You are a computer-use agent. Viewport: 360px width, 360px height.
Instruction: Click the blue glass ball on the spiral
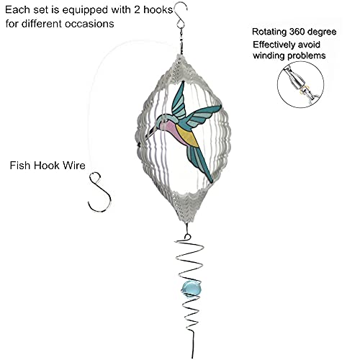point(191,289)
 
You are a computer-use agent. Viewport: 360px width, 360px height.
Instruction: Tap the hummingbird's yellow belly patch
point(187,136)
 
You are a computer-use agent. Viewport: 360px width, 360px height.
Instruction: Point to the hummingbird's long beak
point(152,132)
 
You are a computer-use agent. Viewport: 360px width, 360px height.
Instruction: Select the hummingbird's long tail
point(200,163)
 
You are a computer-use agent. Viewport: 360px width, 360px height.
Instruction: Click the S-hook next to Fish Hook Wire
point(99,192)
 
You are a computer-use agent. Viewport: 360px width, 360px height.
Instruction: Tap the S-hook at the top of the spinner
point(181,14)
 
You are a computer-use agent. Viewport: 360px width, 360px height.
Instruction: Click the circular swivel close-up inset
point(300,84)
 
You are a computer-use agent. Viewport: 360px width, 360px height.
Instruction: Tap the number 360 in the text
point(297,32)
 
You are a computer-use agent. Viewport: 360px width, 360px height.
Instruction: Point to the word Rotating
point(269,32)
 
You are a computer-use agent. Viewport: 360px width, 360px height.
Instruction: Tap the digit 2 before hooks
point(137,10)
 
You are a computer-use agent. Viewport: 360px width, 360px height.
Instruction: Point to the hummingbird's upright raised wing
point(179,102)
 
